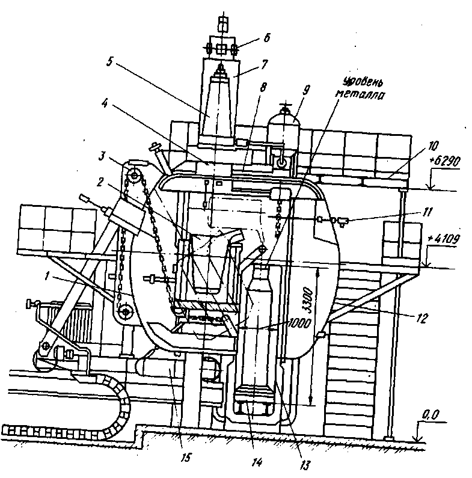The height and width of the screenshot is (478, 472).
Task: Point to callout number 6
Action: [x=267, y=37]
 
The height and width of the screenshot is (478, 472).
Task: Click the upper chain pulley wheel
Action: [x=133, y=175]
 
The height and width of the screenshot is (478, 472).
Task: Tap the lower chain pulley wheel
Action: [x=126, y=311]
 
